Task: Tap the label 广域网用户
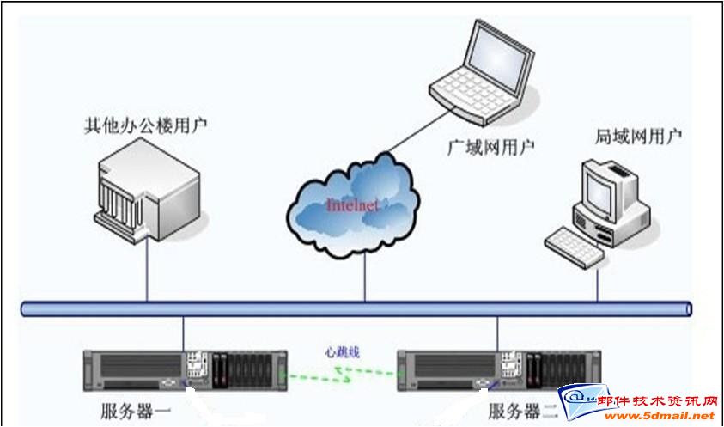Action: [x=491, y=146]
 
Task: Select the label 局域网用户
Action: [x=639, y=136]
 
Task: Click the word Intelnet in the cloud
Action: [x=352, y=205]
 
